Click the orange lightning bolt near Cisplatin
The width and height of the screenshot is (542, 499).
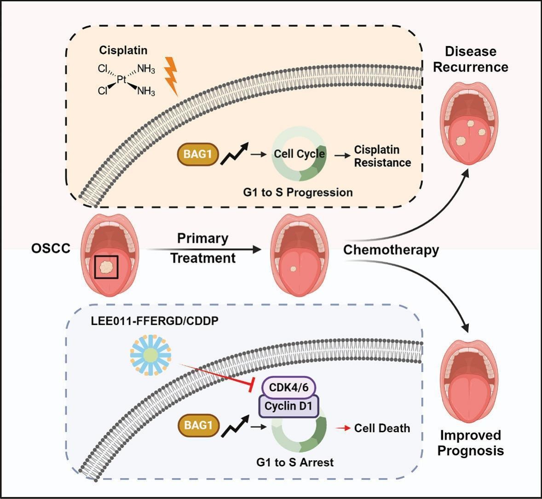pos(171,76)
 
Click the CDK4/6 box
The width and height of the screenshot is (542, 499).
pos(289,388)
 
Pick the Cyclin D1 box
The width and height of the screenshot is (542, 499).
pos(289,407)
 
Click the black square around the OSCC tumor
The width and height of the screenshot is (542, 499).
pos(106,267)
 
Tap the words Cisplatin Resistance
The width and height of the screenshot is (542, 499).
pos(382,156)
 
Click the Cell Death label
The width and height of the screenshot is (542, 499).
pos(382,428)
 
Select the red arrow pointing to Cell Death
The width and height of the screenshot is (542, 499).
pos(342,428)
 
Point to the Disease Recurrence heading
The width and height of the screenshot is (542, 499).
pos(470,59)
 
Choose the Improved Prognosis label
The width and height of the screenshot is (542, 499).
pos(470,442)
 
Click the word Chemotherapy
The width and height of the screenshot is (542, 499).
pos(391,250)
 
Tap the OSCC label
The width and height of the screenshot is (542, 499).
pos(51,249)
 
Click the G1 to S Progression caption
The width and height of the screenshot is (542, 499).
pos(298,192)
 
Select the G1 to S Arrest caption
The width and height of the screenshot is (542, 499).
pos(295,462)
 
